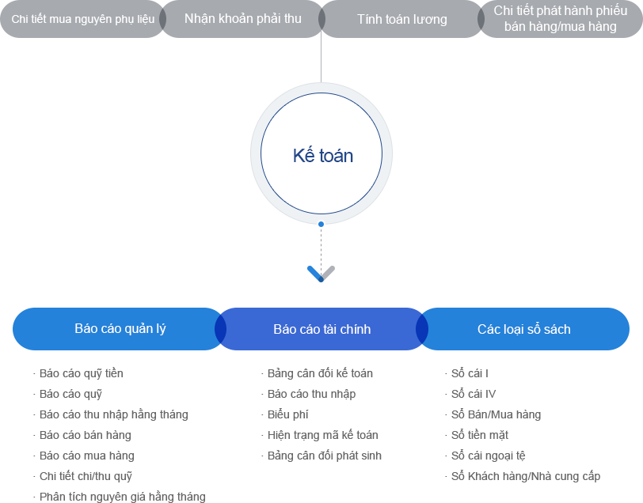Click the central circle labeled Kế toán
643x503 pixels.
point(321,154)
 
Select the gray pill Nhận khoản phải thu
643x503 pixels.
point(242,19)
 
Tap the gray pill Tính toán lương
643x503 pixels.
point(401,19)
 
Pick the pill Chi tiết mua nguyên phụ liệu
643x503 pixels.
point(82,19)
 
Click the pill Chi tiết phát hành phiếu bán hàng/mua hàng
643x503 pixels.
point(560,19)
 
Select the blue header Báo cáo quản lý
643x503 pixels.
point(120,329)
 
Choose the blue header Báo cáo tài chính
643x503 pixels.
point(321,329)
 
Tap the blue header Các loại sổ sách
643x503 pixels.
point(523,329)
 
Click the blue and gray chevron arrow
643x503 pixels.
point(321,274)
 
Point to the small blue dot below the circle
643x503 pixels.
point(321,224)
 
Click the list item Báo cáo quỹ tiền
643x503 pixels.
point(82,373)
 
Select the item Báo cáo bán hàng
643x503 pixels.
point(86,435)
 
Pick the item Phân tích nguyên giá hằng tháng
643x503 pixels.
point(122,497)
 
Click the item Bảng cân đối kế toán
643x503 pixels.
point(320,373)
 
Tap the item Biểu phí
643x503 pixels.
point(287,414)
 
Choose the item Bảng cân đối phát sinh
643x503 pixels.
point(325,456)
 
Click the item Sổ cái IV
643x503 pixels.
point(474,394)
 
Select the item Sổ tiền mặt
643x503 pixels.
point(480,435)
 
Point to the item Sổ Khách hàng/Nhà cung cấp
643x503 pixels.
point(526,476)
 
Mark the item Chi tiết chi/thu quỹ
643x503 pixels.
point(86,476)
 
